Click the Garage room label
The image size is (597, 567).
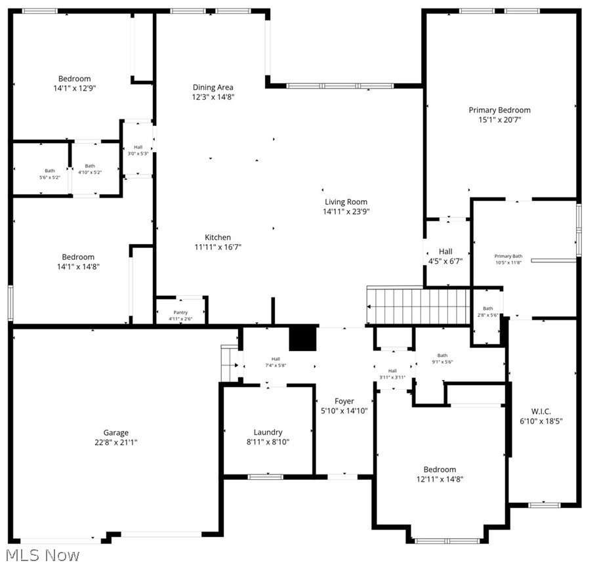115,432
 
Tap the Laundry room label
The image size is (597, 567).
268,432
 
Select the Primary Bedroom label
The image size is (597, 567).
499,110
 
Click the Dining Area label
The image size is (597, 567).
213,87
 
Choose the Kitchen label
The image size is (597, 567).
218,238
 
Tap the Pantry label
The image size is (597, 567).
180,312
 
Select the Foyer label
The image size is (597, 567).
344,401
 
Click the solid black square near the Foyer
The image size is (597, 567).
303,339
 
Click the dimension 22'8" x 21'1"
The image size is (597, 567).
115,442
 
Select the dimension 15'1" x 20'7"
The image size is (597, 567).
499,120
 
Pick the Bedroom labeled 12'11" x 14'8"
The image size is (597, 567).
439,469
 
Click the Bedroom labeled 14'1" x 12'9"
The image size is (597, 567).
74,79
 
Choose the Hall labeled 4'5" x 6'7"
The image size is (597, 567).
445,251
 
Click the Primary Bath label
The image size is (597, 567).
508,256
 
